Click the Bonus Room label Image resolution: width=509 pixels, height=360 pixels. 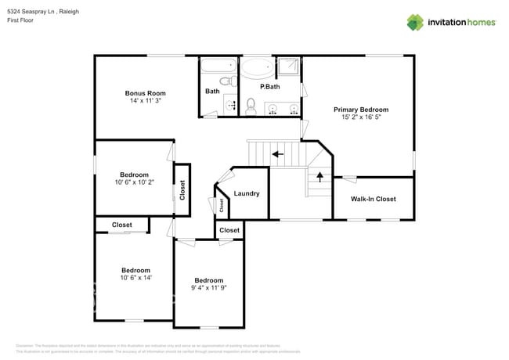(x=145, y=93)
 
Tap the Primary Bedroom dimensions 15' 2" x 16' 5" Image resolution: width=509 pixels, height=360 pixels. (x=361, y=117)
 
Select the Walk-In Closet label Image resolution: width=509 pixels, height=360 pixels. (x=373, y=199)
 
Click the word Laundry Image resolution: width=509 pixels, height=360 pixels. (x=246, y=193)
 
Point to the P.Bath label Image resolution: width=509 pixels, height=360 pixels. (x=269, y=86)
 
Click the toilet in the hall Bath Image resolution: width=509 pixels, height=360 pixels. (x=224, y=81)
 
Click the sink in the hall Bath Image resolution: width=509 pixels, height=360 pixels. (x=230, y=104)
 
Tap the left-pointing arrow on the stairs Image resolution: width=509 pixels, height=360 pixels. (x=277, y=154)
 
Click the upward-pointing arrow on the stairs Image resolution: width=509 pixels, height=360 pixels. (x=319, y=176)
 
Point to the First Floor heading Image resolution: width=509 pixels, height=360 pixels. (x=21, y=22)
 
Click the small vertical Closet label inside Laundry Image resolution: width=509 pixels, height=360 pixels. (x=222, y=205)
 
